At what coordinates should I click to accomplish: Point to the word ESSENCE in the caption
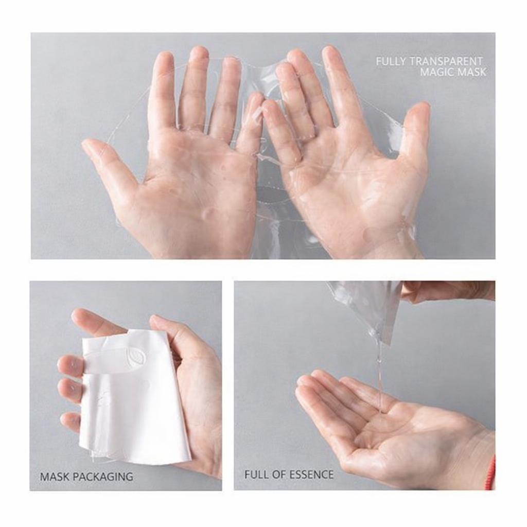(310, 474)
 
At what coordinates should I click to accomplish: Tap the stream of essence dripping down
(379, 371)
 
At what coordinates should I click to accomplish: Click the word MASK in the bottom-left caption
(54, 477)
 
